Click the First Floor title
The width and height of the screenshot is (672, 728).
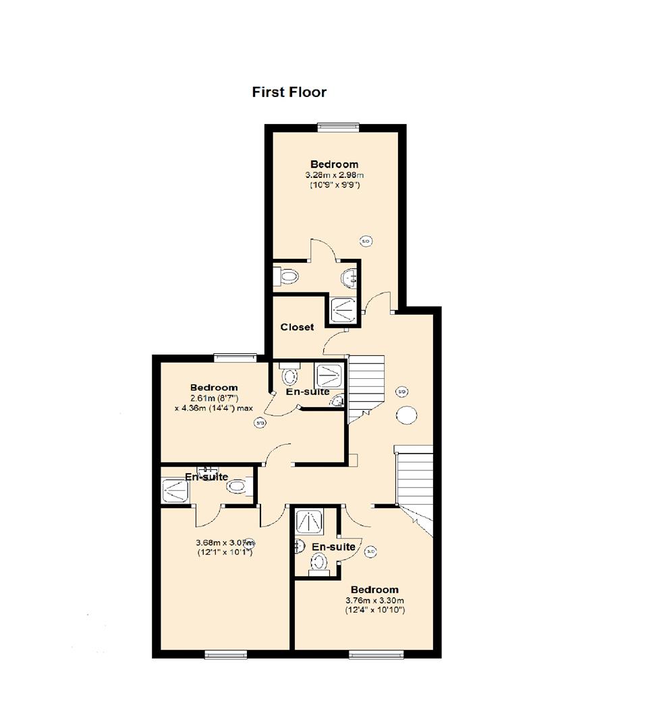pyautogui.click(x=289, y=92)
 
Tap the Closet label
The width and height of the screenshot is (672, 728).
pyautogui.click(x=297, y=327)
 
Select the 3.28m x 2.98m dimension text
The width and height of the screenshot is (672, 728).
pyautogui.click(x=334, y=175)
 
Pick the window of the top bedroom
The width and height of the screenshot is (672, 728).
pyautogui.click(x=339, y=125)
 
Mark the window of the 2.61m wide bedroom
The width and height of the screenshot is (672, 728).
pyautogui.click(x=235, y=357)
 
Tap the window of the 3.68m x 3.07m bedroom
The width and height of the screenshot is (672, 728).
pyautogui.click(x=225, y=653)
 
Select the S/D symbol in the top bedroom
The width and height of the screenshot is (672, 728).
pyautogui.click(x=366, y=241)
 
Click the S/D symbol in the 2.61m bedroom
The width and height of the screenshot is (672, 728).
pyautogui.click(x=259, y=423)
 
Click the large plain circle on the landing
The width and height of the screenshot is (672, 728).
pyautogui.click(x=406, y=415)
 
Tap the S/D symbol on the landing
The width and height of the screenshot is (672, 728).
pyautogui.click(x=401, y=391)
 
